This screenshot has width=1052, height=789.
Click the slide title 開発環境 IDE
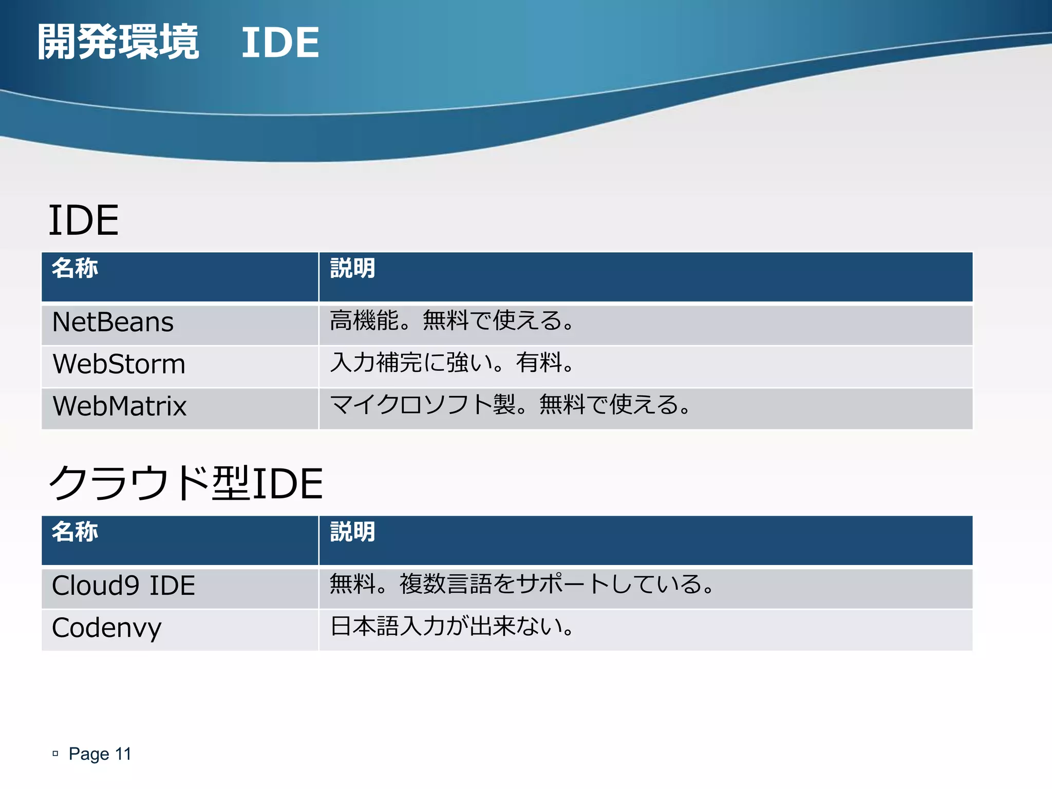pos(178,42)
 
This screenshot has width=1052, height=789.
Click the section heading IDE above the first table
pos(83,220)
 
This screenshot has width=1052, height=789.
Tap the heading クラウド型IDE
pos(185,483)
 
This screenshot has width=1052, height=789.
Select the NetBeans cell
pos(113,323)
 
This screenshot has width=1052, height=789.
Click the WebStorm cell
pos(119,364)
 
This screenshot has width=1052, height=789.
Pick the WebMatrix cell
pos(119,406)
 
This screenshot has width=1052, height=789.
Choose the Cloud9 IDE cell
pos(123,586)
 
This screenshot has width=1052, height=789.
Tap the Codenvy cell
pos(106,628)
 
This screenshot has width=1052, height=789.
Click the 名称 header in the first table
pos(75,269)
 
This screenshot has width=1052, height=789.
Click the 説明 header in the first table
pos(352,269)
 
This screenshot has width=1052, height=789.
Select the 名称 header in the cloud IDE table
pos(75,532)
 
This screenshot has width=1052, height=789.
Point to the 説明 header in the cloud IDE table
pos(352,532)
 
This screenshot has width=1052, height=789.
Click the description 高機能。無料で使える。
pos(451,321)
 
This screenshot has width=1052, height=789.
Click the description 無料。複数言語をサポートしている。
pos(521,585)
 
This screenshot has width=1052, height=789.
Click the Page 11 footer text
pos(100,754)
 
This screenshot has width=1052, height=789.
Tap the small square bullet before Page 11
pos(55,754)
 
